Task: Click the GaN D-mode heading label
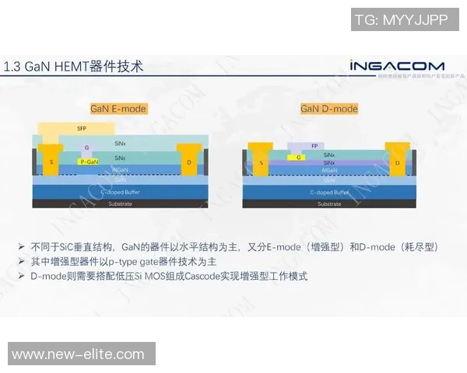pyautogui.click(x=329, y=109)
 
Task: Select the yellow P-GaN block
pyautogui.click(x=89, y=162)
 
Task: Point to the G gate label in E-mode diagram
pyautogui.click(x=86, y=148)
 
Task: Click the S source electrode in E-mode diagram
pyautogui.click(x=52, y=162)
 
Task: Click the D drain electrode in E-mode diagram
pyautogui.click(x=188, y=162)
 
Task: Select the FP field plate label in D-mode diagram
pyautogui.click(x=314, y=146)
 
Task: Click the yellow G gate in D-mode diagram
pyautogui.click(x=298, y=156)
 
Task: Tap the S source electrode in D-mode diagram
pyautogui.click(x=262, y=163)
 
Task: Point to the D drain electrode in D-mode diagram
pyautogui.click(x=397, y=163)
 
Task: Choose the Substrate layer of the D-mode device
pyautogui.click(x=329, y=204)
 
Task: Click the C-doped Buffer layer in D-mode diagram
pyautogui.click(x=329, y=191)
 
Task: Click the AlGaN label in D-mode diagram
pyautogui.click(x=329, y=169)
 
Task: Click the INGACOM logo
pyautogui.click(x=397, y=65)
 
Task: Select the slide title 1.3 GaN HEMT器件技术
pyautogui.click(x=74, y=66)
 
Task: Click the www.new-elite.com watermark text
pyautogui.click(x=78, y=354)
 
